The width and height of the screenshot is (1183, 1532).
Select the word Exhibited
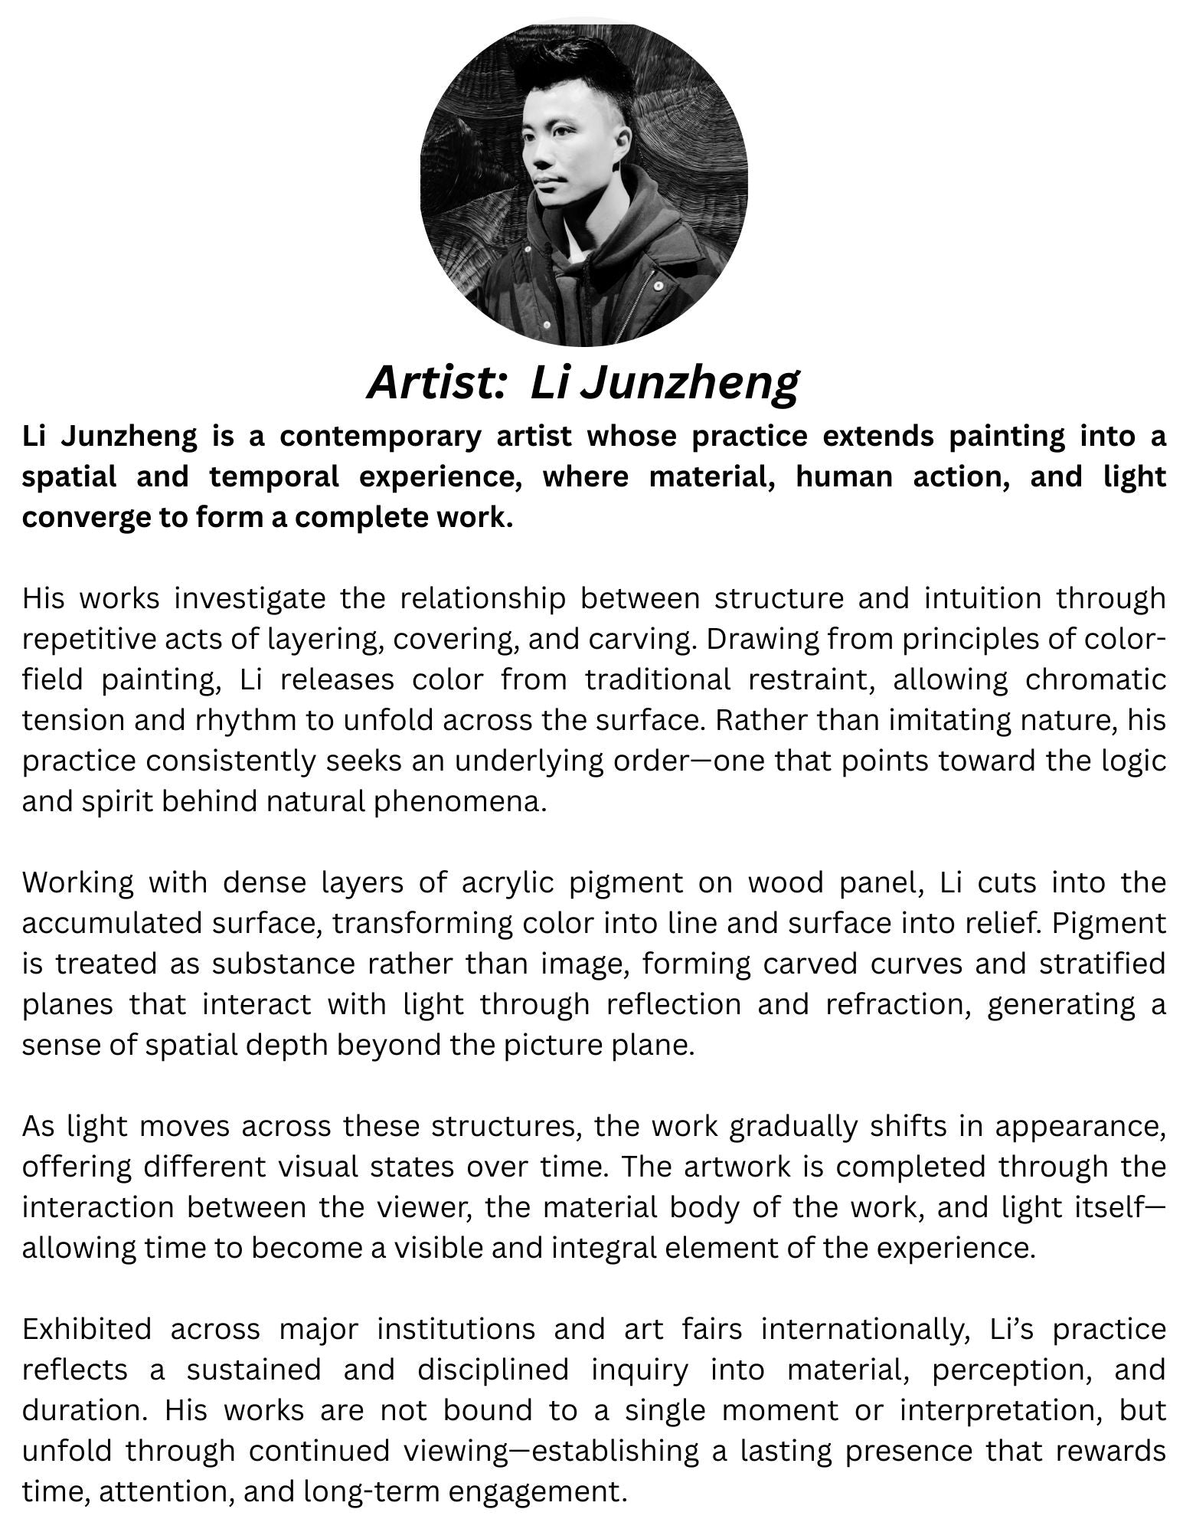(x=87, y=1329)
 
